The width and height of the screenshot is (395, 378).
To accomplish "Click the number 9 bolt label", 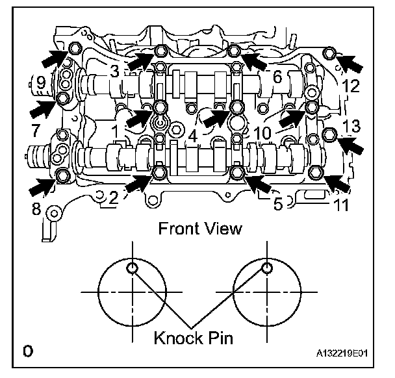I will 40,82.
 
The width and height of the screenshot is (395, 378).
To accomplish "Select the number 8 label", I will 36,209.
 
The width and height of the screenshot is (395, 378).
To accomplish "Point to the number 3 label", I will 114,73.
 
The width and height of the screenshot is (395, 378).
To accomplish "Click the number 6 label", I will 277,77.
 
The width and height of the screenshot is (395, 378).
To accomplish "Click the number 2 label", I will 113,199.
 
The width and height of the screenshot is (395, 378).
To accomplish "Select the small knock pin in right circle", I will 265,268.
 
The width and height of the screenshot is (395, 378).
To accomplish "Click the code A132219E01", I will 346,355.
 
